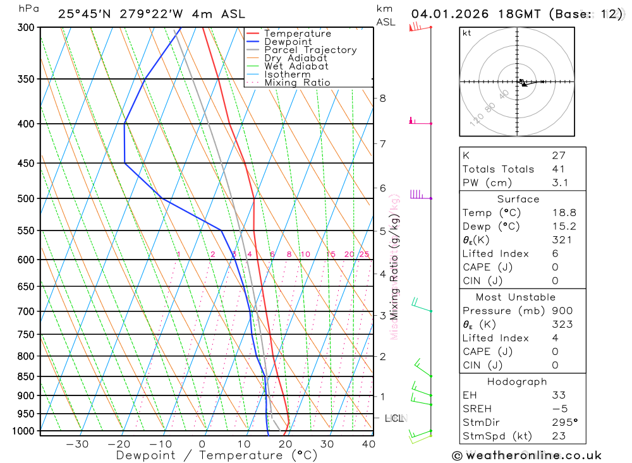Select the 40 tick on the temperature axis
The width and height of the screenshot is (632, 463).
pos(368,444)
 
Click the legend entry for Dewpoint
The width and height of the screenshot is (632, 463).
pos(288,42)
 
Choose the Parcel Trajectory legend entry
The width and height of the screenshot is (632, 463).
pos(310,50)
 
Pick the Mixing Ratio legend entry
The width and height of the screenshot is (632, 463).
pos(297,83)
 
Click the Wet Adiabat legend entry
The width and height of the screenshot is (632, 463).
pos(296,66)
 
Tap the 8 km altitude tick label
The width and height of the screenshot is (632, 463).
pos(382,98)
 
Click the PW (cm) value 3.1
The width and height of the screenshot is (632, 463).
pos(560,183)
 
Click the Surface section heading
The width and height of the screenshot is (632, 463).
pos(518,199)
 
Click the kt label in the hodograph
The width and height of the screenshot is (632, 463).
pos(466,33)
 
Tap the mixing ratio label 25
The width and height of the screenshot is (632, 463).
pos(364,255)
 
